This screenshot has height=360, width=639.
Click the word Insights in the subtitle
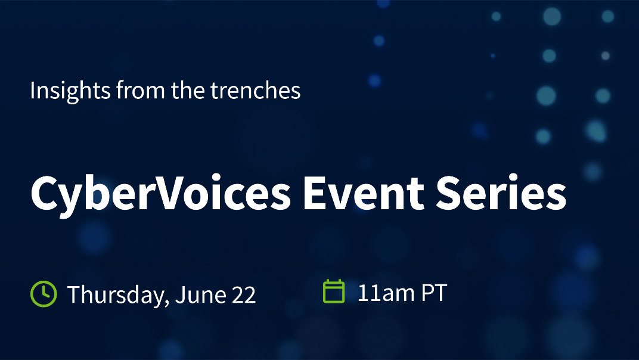pos(70,91)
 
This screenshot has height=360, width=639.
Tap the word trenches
pos(256,91)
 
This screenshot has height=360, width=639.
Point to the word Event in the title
pos(364,193)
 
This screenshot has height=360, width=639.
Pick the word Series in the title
pos(501,193)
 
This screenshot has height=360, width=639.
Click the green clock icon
pos(44,294)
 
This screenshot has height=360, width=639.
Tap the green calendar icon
pos(334,291)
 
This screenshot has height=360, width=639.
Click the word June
pos(201,295)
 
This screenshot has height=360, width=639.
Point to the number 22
pos(244,295)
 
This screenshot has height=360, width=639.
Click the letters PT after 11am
pos(434,293)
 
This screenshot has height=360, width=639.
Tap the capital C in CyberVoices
pos(44,193)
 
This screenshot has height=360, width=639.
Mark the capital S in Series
pos(448,193)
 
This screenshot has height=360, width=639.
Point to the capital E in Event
pos(314,193)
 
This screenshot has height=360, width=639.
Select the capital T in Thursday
pos(75,294)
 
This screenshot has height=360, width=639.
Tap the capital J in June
pos(180,295)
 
